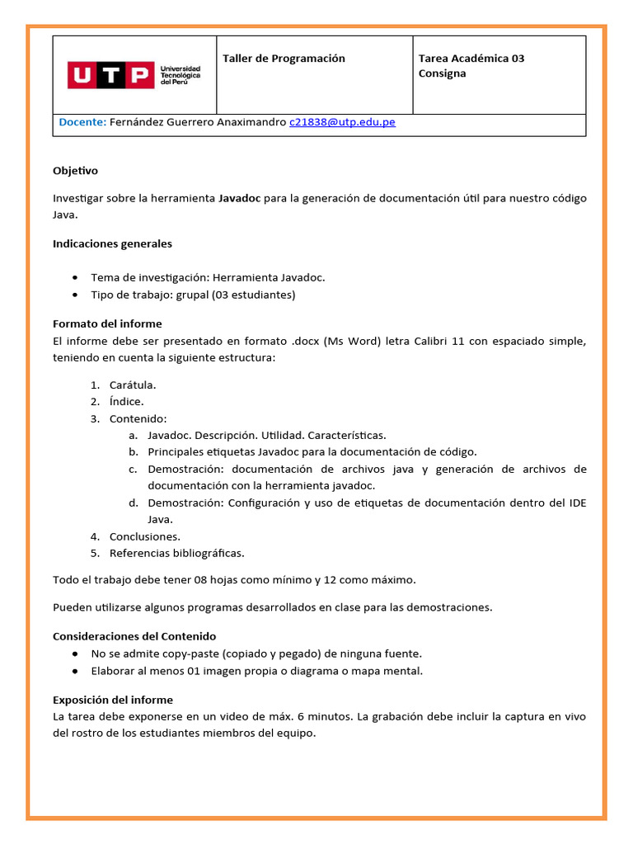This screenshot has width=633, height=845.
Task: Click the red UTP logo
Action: tap(110, 75)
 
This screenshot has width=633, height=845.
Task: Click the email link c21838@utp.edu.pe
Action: tap(342, 122)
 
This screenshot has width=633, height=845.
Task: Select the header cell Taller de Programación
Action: tap(284, 59)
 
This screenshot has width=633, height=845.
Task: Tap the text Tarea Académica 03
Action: tap(471, 59)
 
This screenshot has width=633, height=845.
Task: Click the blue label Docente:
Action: tap(82, 122)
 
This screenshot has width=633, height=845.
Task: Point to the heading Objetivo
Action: tap(75, 171)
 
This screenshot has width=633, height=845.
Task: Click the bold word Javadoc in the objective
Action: tap(239, 198)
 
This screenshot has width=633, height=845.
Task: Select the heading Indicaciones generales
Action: tap(112, 244)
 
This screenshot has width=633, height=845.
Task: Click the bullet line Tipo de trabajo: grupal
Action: tap(193, 295)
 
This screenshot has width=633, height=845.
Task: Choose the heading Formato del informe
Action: tap(107, 323)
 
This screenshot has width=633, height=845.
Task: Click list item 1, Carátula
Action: tap(132, 385)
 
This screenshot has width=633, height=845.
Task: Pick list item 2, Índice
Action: tap(126, 402)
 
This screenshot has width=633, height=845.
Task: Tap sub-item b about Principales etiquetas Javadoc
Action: tap(312, 452)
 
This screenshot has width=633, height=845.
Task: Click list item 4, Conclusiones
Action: tap(144, 536)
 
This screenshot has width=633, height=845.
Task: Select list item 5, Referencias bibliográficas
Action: tap(176, 553)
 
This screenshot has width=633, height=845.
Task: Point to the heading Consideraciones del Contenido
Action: tap(134, 636)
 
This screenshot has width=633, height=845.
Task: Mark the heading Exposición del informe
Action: tap(113, 700)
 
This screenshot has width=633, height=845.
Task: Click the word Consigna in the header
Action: tap(442, 73)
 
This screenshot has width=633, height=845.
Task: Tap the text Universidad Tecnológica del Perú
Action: tap(180, 75)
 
